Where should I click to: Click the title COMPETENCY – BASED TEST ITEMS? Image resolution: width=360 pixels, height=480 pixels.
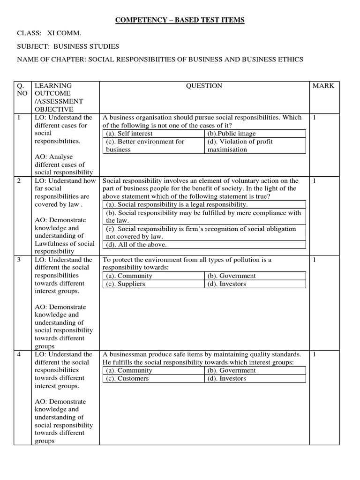180,20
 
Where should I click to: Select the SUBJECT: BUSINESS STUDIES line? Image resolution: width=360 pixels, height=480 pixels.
68,46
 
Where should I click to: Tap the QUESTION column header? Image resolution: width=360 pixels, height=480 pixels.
204,86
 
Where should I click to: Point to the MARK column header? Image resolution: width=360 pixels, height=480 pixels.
323,86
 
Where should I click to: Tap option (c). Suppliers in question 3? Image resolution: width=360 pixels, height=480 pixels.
125,284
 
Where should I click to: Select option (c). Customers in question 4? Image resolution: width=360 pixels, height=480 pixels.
127,378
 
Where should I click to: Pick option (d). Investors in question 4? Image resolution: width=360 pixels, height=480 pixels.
226,378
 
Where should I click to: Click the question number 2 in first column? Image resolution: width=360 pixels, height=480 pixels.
19,180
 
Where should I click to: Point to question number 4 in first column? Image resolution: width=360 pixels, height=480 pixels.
19,354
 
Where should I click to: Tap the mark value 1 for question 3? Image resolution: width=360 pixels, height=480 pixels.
315,260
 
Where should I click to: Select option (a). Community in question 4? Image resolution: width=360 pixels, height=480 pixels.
129,370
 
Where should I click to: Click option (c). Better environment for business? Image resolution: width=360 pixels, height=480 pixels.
145,145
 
